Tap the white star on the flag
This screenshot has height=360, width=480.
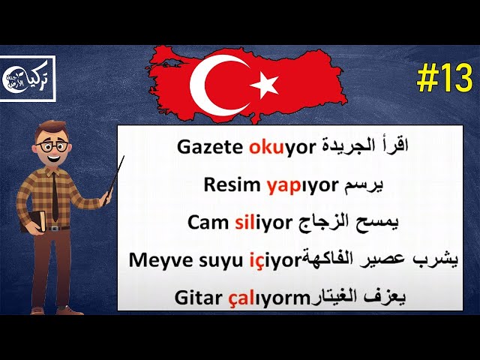click(264, 86)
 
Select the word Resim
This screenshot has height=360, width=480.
click(230, 184)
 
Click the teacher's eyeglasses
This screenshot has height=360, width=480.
click(52, 147)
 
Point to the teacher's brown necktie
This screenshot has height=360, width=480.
click(55, 193)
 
